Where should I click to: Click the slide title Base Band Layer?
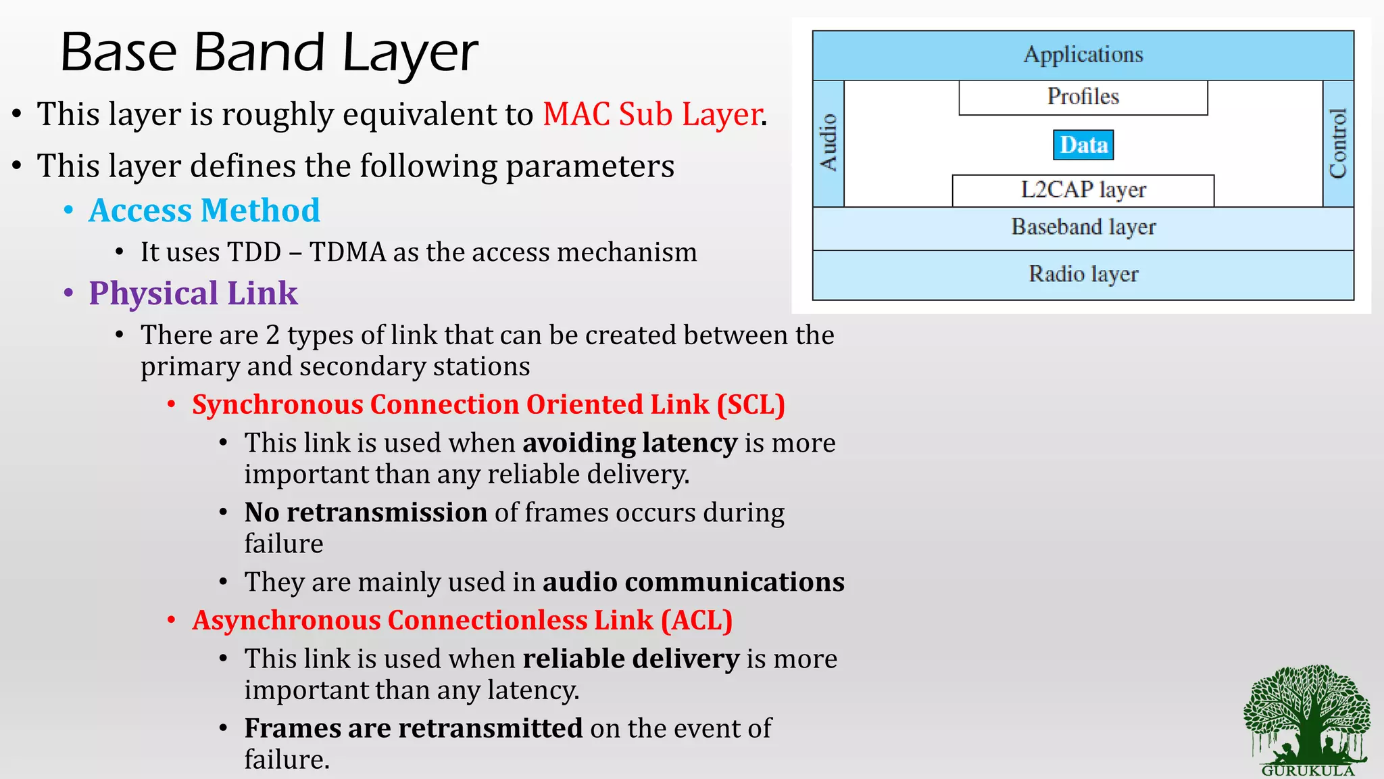coord(269,53)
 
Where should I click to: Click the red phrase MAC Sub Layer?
coord(653,114)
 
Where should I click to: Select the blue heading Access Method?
coord(204,210)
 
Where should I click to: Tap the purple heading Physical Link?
coord(193,293)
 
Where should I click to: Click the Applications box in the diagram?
coord(1083,55)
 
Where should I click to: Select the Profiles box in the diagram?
coord(1083,97)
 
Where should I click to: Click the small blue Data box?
coord(1083,145)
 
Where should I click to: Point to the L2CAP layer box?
coord(1083,190)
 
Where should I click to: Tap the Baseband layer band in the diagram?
coord(1083,227)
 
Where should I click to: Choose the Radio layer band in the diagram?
coord(1083,275)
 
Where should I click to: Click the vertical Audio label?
coord(828,143)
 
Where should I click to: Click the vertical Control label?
coord(1338,143)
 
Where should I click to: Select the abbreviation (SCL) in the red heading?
coord(751,404)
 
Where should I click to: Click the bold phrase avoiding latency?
coord(629,443)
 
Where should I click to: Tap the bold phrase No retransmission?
coord(366,513)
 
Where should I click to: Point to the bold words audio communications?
coord(693,582)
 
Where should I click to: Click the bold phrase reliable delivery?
coord(631,659)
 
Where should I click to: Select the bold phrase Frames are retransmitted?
coord(413,728)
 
